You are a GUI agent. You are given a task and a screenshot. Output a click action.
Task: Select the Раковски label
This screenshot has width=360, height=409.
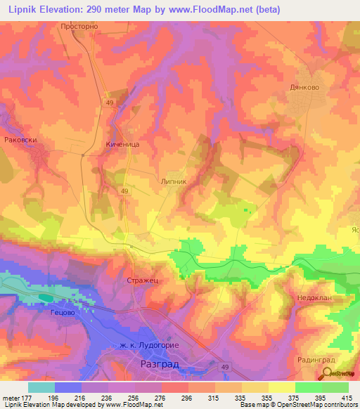tap(19, 139)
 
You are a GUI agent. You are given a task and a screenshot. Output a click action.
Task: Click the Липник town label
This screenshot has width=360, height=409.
tap(174, 181)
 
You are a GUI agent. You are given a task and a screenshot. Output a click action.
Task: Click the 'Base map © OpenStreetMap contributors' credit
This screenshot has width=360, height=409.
tap(297, 405)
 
